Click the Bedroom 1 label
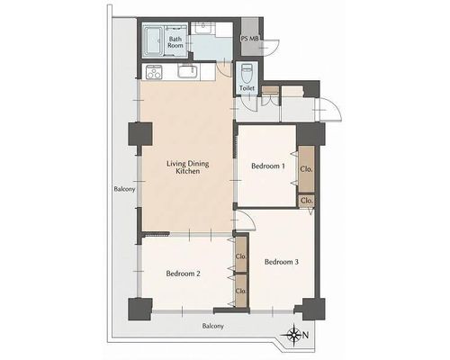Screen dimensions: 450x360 [x=268, y=166]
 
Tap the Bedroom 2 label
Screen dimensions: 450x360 [x=183, y=274]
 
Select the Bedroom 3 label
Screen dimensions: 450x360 [x=282, y=262]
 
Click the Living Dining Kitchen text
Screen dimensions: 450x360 [x=188, y=167]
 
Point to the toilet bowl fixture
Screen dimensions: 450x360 [x=247, y=73]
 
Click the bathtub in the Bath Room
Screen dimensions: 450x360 [x=153, y=41]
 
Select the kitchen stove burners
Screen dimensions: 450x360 [x=154, y=72]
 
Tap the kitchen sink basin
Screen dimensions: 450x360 [x=187, y=72]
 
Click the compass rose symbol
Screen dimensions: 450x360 [x=294, y=334]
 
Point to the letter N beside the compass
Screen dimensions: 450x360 [x=305, y=335]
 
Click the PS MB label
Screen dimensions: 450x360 [x=250, y=39]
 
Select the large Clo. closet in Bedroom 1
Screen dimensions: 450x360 [x=307, y=169]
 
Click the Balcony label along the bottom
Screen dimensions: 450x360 [x=213, y=326]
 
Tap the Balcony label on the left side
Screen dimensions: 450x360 [x=124, y=189]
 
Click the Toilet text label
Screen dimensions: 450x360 [x=247, y=88]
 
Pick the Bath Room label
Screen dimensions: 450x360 [x=175, y=42]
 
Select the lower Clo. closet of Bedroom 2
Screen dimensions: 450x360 [x=241, y=291]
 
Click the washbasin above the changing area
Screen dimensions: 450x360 [x=202, y=28]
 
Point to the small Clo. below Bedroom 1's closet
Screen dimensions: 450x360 [x=307, y=201]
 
